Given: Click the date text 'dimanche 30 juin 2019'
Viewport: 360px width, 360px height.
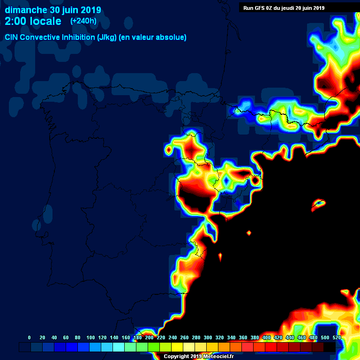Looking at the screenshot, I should [52, 10].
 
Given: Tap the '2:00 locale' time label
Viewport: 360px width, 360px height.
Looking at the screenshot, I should [33, 21].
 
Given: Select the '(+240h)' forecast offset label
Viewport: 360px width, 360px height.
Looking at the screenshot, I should [83, 21].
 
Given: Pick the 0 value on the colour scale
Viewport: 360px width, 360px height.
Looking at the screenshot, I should [30, 337].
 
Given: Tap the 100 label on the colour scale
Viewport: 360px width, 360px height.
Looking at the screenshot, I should [90, 337].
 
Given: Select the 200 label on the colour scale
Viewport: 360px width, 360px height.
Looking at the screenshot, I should [149, 337].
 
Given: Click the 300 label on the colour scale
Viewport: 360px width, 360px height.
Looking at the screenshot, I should [208, 337].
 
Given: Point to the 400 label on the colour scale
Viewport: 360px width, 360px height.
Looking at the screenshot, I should [266, 337].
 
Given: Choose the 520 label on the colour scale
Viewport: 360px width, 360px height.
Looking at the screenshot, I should [337, 337].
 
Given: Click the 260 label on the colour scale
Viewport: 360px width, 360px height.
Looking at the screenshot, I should [184, 337].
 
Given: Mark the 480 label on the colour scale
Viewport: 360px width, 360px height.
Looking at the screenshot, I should [313, 337].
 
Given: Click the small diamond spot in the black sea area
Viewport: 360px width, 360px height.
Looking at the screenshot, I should [249, 233].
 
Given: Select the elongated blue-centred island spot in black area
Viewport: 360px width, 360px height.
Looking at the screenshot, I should [319, 203].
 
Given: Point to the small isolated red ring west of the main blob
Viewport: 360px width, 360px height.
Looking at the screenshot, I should [168, 150].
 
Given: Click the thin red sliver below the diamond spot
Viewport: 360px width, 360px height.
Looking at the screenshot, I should [220, 256].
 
